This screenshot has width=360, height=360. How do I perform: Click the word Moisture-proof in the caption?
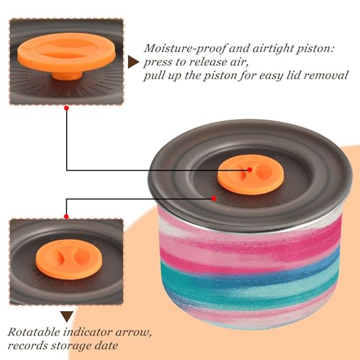tap(185, 49)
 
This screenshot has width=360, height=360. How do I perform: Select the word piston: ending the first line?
tap(315, 49)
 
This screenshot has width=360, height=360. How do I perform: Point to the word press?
tap(158, 63)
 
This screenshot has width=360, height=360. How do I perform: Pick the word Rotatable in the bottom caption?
tap(34, 332)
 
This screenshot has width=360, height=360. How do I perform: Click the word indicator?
tap(88, 332)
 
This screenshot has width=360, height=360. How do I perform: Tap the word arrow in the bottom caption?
tap(133, 333)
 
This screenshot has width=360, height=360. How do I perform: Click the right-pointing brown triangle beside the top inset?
tap(133, 62)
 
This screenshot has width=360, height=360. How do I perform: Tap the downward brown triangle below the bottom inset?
tap(67, 317)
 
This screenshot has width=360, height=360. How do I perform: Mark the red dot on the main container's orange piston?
tap(250, 170)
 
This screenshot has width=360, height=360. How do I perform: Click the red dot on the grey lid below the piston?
tap(214, 199)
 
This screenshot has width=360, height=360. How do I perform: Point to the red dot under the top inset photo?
tap(66, 108)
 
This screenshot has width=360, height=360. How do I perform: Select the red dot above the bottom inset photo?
tap(66, 217)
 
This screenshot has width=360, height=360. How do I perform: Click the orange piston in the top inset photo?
tap(66, 55)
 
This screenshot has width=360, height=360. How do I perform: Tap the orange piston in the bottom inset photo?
tap(69, 259)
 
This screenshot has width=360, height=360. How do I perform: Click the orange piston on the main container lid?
tap(251, 174)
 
